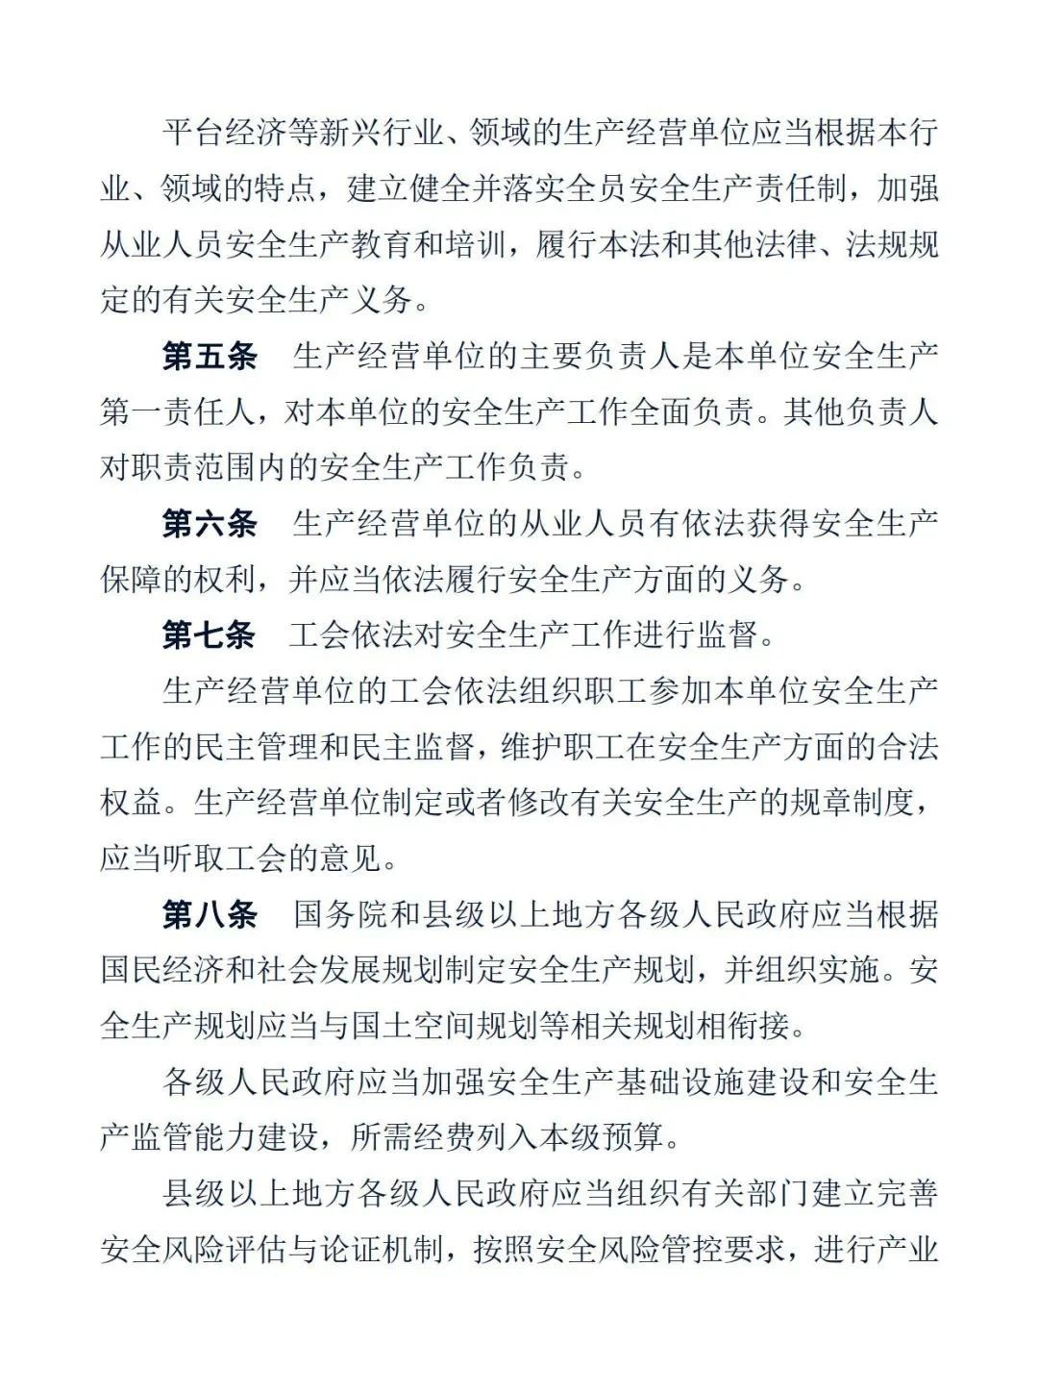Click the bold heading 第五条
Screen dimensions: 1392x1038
click(210, 357)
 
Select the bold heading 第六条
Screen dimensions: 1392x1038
click(210, 524)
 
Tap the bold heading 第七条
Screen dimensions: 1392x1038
click(210, 635)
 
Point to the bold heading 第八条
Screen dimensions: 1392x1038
click(210, 914)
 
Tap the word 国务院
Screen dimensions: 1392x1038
click(340, 914)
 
